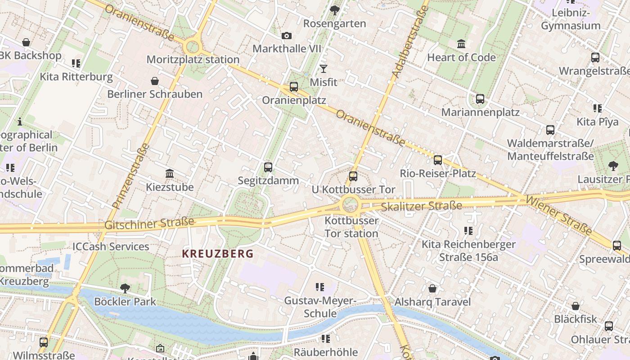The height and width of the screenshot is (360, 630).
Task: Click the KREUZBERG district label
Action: (218, 253)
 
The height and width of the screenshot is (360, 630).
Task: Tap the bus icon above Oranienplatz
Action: (294, 87)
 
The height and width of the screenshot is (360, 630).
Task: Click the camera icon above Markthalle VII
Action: (286, 36)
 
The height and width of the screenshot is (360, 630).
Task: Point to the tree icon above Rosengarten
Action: (334, 10)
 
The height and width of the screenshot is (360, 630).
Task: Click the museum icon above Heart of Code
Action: (461, 44)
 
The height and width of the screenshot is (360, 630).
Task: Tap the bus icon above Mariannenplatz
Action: (480, 99)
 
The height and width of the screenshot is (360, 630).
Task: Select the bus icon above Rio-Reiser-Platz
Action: (438, 160)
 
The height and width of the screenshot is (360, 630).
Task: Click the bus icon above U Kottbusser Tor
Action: (353, 176)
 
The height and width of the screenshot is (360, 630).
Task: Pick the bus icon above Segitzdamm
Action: (268, 167)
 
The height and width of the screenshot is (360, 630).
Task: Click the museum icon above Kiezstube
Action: (170, 174)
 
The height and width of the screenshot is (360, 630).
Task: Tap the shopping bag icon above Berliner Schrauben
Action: (155, 81)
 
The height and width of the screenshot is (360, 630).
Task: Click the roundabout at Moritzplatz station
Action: (193, 46)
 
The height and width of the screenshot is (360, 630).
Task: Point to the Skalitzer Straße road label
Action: (421, 207)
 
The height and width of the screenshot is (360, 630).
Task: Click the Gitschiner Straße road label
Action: (149, 223)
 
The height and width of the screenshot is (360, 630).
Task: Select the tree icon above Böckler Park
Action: (125, 288)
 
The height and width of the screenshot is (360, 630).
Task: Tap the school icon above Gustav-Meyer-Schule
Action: (320, 287)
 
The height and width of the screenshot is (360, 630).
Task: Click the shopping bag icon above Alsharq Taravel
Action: (432, 288)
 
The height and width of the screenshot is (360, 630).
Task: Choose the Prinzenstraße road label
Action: (130, 176)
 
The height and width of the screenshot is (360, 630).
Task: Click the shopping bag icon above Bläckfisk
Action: (575, 306)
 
